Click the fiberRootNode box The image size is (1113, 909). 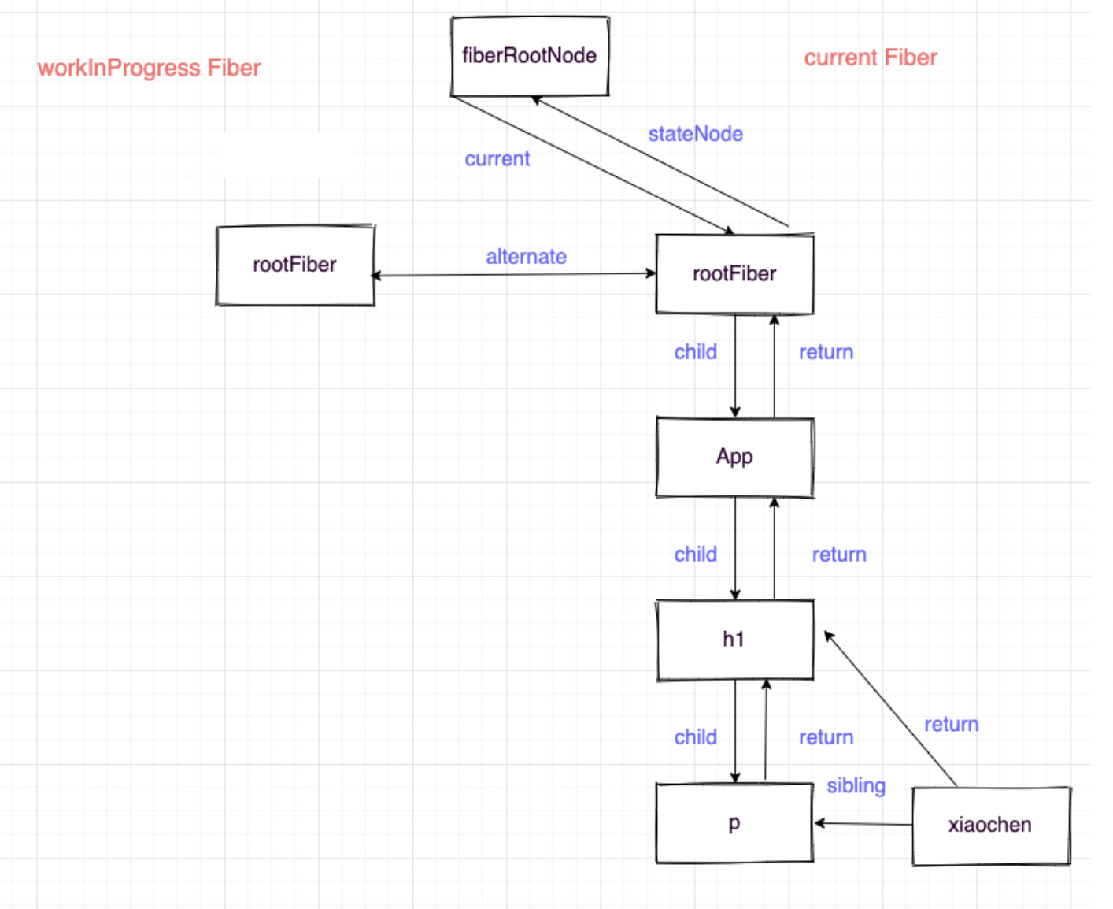tap(530, 56)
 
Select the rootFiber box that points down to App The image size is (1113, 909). tap(734, 274)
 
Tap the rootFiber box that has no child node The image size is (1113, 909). tap(295, 265)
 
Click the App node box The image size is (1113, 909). tap(734, 458)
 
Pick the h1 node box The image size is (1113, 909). tap(734, 640)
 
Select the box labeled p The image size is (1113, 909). tap(734, 823)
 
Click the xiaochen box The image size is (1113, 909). tap(990, 826)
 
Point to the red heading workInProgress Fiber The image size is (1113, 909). tap(149, 69)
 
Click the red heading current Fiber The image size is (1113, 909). tap(871, 58)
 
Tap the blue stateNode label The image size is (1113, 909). tap(695, 135)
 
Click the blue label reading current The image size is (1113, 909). tap(497, 159)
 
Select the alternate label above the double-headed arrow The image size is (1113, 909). tap(526, 257)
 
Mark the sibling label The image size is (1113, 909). tap(856, 786)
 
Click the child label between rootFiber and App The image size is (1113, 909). tap(695, 352)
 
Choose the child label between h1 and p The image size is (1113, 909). tap(695, 737)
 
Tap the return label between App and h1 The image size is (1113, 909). tap(839, 555)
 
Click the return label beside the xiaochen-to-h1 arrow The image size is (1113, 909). tap(951, 725)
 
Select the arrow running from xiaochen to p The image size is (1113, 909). tap(863, 824)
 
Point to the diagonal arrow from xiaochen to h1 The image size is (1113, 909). tap(890, 709)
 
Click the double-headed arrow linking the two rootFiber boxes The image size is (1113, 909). tap(514, 275)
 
